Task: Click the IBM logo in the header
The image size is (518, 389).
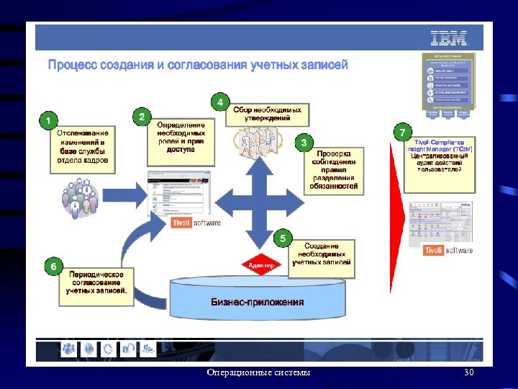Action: click(449, 38)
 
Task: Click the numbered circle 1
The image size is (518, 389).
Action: click(47, 119)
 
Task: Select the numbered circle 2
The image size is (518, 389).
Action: click(142, 116)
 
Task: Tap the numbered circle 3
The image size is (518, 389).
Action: click(304, 143)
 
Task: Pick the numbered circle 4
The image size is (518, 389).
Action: click(219, 102)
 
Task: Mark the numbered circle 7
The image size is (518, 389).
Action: click(403, 132)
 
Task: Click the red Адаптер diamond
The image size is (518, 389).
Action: click(260, 265)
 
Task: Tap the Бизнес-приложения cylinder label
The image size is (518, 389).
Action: click(257, 302)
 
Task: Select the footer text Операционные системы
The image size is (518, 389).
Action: click(258, 372)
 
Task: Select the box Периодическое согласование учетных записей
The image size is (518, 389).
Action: click(97, 283)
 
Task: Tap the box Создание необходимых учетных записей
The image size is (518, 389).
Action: click(322, 255)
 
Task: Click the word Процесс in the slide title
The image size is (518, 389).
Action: click(73, 65)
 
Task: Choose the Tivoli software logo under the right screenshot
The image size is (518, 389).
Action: click(448, 250)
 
